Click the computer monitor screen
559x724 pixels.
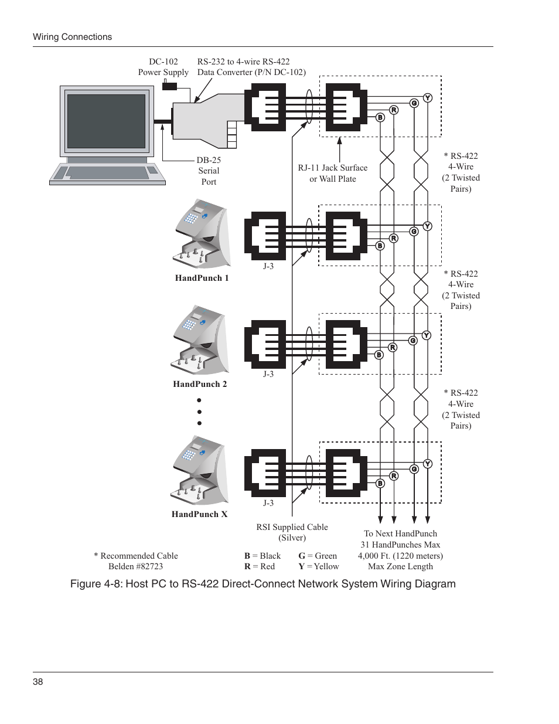(x=106, y=121)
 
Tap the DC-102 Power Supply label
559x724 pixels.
(x=163, y=67)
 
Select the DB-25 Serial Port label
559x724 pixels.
(x=209, y=171)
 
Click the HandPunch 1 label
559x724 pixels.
(x=202, y=278)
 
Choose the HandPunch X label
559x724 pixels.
(x=199, y=514)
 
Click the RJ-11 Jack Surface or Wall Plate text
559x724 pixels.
(x=332, y=173)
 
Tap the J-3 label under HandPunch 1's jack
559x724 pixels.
(x=268, y=266)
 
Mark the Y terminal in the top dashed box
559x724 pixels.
(x=428, y=98)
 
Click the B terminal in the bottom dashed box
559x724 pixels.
(x=380, y=483)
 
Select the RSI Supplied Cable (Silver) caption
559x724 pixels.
(x=292, y=532)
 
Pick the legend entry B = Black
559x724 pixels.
(x=263, y=556)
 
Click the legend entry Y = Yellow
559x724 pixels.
(x=319, y=566)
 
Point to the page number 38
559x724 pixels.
(x=38, y=682)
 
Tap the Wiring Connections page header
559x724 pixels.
(x=72, y=37)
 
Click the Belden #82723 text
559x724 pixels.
(x=135, y=566)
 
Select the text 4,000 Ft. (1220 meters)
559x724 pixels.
(x=400, y=556)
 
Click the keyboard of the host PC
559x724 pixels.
(x=107, y=173)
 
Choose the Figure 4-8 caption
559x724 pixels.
(x=263, y=584)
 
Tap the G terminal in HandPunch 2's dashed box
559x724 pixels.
(x=413, y=341)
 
